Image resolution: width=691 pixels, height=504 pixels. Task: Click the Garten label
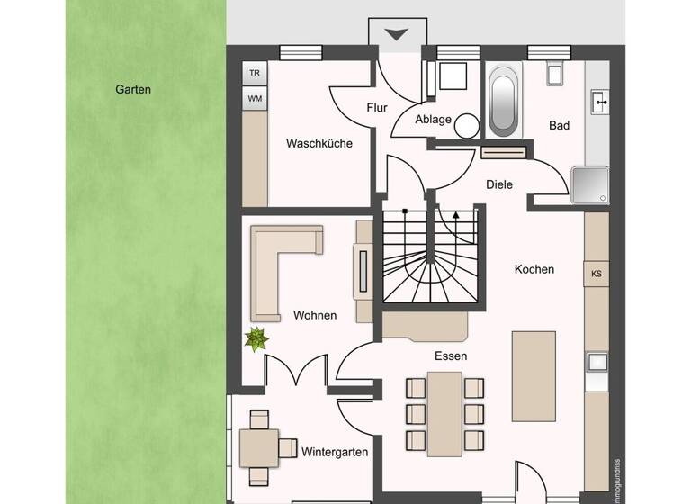133,90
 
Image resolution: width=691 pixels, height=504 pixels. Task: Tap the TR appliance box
255,73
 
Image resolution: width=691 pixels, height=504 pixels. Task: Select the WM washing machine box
255,98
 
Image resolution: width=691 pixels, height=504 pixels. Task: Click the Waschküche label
319,143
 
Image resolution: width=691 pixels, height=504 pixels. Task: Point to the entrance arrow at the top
396,34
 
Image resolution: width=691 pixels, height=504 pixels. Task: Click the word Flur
377,108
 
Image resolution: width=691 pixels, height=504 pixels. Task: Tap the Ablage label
433,119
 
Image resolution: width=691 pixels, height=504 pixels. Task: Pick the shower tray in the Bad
591,185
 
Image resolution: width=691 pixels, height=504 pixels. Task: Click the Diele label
498,184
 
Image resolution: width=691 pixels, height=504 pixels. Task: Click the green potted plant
257,339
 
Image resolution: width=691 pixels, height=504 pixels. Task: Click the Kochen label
534,269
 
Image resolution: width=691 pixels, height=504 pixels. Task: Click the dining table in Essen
444,412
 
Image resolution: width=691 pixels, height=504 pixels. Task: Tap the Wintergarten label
335,452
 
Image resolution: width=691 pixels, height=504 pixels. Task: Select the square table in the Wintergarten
259,446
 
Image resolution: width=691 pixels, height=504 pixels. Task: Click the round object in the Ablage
466,126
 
